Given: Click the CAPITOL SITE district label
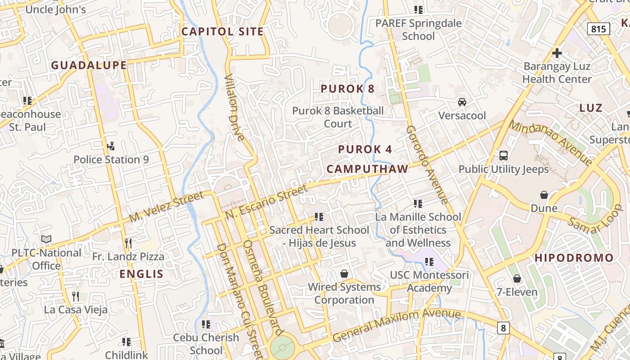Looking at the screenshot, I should click(222, 31).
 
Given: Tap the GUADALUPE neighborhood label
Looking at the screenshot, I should click(89, 65).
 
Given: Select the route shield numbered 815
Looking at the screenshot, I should click(598, 29).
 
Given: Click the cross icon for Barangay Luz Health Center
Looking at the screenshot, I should click(557, 53).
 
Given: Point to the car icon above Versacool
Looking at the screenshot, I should click(462, 102).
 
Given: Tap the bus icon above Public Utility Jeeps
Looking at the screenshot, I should click(504, 156).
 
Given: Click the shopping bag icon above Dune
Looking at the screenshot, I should click(544, 195).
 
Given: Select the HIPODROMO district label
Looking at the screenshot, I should click(574, 258).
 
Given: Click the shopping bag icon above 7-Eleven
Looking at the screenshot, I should click(517, 279).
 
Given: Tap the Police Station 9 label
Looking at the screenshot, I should click(111, 160).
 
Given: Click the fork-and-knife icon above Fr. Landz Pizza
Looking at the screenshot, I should click(128, 243).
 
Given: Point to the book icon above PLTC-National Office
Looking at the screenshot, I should click(46, 239).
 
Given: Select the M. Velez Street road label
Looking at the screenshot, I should click(166, 207).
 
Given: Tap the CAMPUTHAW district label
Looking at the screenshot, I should click(367, 169).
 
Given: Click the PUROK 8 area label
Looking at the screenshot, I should click(347, 89).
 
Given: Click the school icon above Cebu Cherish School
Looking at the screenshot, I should click(206, 324).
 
